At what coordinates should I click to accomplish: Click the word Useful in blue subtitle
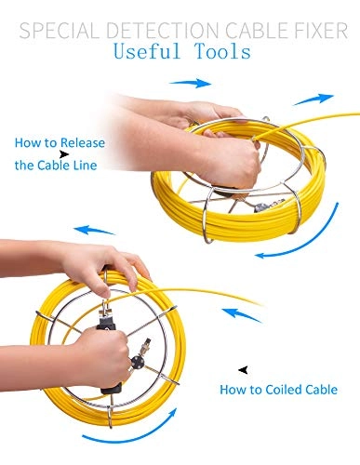[x=147, y=51]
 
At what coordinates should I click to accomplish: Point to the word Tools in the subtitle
[x=222, y=51]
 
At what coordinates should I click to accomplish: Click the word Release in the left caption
[x=83, y=142]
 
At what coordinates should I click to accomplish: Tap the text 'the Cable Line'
[x=56, y=165]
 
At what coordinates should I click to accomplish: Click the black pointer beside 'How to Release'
[x=64, y=154]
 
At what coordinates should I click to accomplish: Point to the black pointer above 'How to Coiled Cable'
[x=244, y=370]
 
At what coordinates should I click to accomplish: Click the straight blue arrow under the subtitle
[x=191, y=83]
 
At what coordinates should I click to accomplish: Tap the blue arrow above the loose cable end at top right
[x=313, y=100]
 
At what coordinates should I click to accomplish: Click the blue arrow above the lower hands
[x=94, y=231]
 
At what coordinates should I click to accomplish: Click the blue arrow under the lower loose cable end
[x=242, y=315]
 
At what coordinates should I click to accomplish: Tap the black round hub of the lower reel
[x=137, y=362]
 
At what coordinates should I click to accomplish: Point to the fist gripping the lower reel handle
[x=104, y=357]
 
